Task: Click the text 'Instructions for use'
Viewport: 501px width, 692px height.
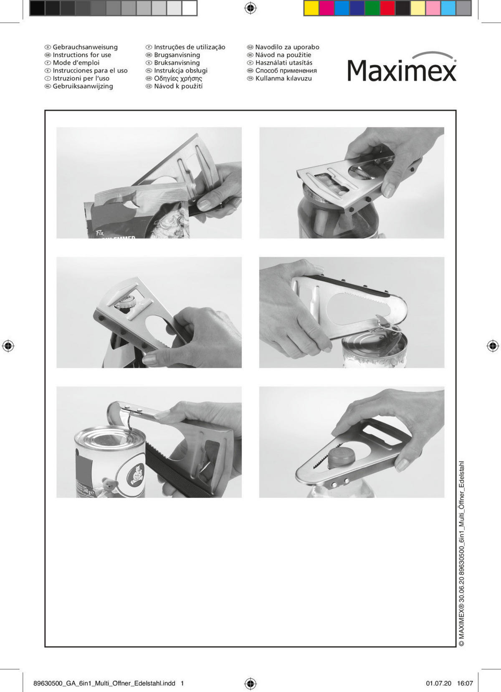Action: pos(82,55)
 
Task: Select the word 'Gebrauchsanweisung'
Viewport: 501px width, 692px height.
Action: pos(85,47)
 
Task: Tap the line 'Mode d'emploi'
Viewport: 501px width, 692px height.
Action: pos(76,63)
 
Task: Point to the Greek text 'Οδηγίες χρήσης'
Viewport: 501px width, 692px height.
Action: pos(178,78)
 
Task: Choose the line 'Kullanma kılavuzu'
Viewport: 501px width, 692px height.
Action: pos(283,78)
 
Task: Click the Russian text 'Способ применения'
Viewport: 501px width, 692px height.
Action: pos(286,71)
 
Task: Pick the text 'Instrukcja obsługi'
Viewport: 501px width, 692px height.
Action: pos(180,71)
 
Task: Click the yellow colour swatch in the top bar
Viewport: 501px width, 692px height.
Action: pos(311,8)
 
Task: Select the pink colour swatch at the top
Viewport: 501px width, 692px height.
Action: pos(433,8)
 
